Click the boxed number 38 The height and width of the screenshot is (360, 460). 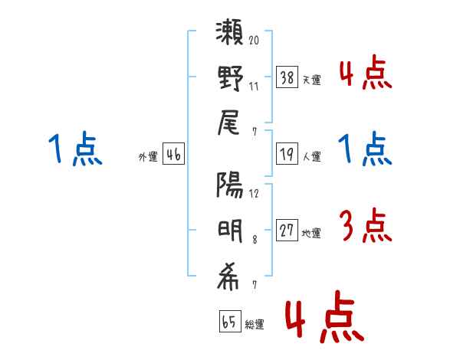tap(287, 77)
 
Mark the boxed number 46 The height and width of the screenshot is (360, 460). tap(173, 155)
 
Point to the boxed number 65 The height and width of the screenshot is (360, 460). tap(229, 322)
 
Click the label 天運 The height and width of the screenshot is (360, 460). tap(312, 80)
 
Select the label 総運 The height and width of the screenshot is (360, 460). tap(255, 324)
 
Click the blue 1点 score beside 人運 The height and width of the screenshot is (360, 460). tap(364, 149)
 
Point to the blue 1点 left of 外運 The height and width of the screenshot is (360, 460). tap(74, 149)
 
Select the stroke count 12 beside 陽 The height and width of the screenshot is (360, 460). tap(255, 192)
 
